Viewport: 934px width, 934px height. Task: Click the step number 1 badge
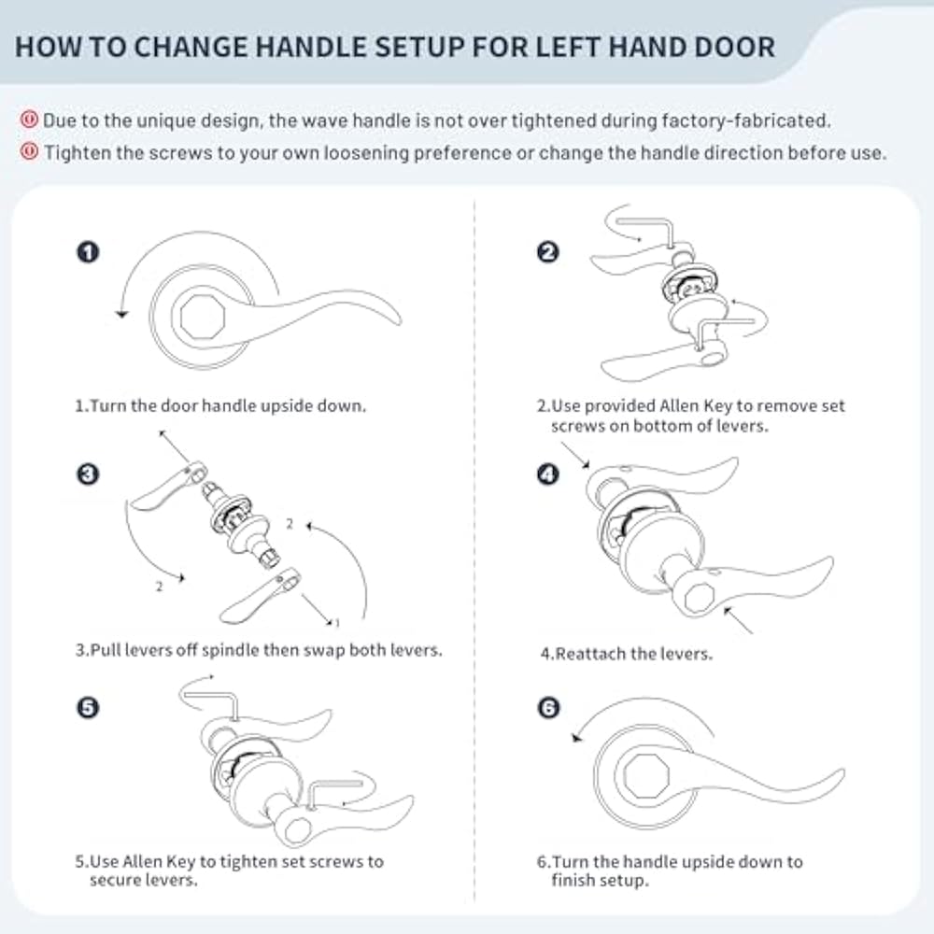[88, 251]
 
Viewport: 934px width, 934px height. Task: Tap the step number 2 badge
[548, 251]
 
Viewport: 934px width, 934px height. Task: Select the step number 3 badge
[88, 475]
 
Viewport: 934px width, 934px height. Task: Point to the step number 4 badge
[548, 475]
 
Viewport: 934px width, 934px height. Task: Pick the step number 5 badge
[88, 707]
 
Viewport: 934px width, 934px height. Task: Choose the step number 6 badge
[549, 707]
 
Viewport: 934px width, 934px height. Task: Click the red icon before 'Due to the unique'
[29, 120]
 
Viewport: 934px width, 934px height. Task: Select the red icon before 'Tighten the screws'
[29, 151]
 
